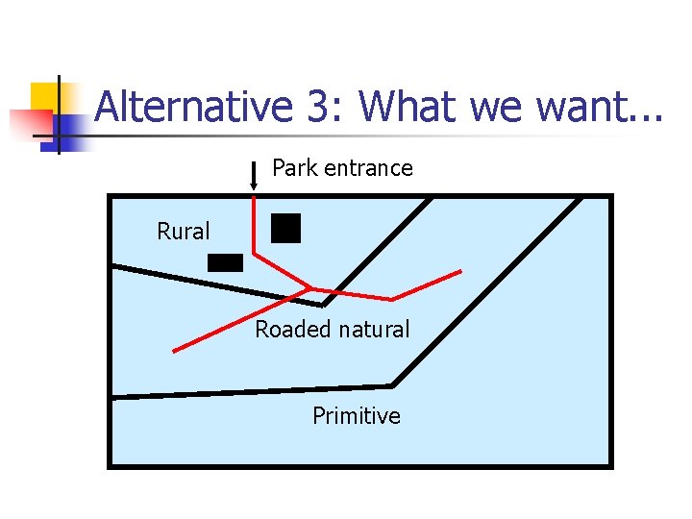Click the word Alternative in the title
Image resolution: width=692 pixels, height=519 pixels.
pyautogui.click(x=192, y=106)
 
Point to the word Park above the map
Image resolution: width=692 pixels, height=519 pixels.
pyautogui.click(x=295, y=168)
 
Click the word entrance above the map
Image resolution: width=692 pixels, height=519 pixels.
pyautogui.click(x=368, y=168)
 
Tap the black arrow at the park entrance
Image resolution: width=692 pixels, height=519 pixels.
pyautogui.click(x=253, y=177)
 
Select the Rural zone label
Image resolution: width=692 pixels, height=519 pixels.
pyautogui.click(x=184, y=232)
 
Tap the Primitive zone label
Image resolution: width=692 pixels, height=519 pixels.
pyautogui.click(x=357, y=416)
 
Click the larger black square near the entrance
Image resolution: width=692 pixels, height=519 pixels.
pyautogui.click(x=285, y=228)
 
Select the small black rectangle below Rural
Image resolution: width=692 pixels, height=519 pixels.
pyautogui.click(x=226, y=262)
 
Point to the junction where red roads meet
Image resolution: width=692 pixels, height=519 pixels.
pyautogui.click(x=309, y=287)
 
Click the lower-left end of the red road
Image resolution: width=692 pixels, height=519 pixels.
pyautogui.click(x=175, y=351)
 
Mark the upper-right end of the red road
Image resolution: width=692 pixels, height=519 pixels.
pyautogui.click(x=460, y=270)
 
